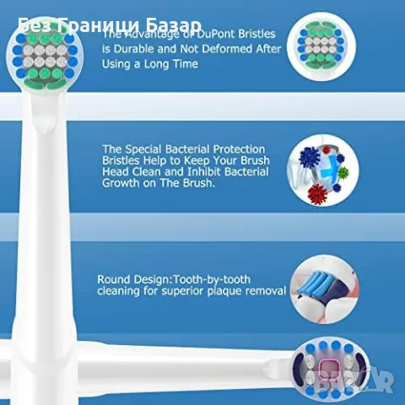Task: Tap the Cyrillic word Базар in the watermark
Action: [x=176, y=26]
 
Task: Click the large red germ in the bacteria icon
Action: [x=318, y=193]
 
